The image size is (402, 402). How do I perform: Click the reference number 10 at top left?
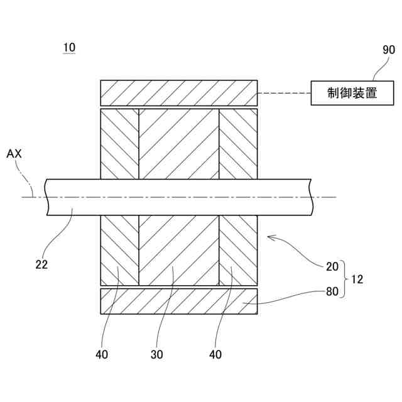point(69,48)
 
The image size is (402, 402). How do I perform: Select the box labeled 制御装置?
point(352,94)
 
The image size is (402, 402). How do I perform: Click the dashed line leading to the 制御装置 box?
point(285,94)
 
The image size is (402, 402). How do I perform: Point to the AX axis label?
point(14,153)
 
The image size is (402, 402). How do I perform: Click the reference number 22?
point(42,264)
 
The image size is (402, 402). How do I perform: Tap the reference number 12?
point(358,280)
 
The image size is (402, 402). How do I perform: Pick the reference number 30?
point(157,355)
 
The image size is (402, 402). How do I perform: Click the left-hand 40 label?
point(102,355)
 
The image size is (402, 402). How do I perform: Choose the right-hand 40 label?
point(215,355)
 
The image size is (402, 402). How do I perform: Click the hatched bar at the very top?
point(179,92)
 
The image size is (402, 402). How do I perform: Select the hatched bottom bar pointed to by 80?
point(179,301)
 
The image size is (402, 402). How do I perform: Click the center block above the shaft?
point(179,143)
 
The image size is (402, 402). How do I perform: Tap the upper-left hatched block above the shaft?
point(119,143)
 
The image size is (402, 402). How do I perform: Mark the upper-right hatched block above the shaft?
point(238,143)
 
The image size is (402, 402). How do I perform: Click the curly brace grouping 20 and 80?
point(345,280)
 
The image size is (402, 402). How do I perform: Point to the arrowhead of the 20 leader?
point(269,237)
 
